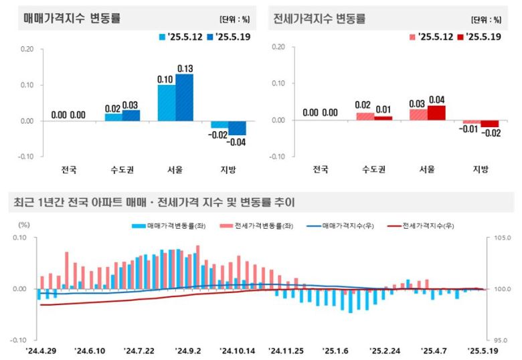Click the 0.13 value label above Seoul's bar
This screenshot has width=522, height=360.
tap(185, 68)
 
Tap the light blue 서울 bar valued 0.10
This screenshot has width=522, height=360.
tap(167, 103)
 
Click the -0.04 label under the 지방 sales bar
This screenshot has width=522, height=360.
tap(237, 142)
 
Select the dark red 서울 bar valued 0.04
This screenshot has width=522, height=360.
tap(436, 113)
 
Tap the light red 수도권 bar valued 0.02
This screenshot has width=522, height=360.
tap(365, 116)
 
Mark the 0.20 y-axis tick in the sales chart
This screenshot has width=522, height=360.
tap(27, 48)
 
